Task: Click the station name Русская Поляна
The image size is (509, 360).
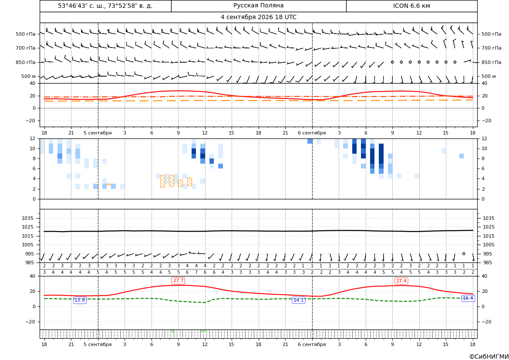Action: click(x=258, y=6)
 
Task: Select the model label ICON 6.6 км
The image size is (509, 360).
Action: click(x=411, y=6)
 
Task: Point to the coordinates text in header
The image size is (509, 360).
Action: click(x=105, y=6)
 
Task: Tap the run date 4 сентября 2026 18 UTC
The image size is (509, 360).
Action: click(x=258, y=17)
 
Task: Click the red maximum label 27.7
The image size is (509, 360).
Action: click(x=178, y=280)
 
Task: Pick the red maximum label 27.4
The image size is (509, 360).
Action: click(x=401, y=281)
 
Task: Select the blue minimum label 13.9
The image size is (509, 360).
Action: click(x=80, y=300)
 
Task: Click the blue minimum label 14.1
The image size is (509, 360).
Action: click(x=298, y=300)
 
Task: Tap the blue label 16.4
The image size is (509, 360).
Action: click(x=468, y=298)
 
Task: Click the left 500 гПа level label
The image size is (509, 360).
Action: click(x=25, y=34)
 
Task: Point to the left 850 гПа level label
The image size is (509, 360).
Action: click(x=25, y=62)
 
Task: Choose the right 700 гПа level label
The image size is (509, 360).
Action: click(x=492, y=48)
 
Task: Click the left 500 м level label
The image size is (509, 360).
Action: click(x=28, y=76)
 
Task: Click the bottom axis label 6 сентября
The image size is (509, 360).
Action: click(x=312, y=344)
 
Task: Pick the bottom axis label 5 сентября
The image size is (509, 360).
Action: click(x=98, y=344)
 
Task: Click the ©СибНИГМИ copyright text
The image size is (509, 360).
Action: click(x=489, y=357)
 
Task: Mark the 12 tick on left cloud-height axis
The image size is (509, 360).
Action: click(x=33, y=138)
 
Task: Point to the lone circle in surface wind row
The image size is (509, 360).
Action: click(x=464, y=253)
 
